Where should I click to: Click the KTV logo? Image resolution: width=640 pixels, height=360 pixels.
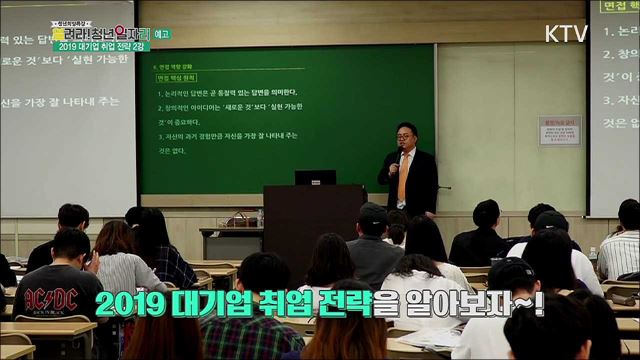566,32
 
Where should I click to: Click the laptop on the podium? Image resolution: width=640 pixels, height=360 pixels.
315,177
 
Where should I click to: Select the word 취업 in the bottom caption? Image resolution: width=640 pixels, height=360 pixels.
281,301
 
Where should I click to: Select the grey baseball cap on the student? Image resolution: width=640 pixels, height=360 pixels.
372,212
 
